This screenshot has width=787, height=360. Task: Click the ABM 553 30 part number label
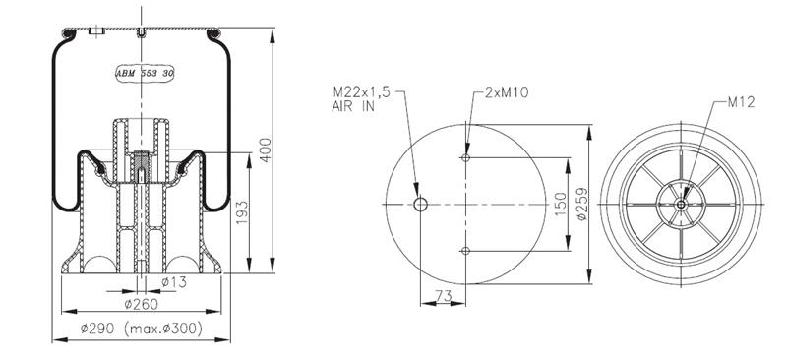point(145,74)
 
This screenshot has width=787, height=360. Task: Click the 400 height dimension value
point(265,150)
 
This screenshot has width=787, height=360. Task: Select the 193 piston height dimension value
point(242,212)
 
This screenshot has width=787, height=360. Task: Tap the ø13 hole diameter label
point(174,282)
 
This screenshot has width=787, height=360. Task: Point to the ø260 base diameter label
point(141,304)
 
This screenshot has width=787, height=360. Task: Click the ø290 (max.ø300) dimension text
point(142,329)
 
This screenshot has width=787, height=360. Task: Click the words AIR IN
point(353,106)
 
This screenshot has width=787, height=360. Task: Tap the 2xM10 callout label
point(507,92)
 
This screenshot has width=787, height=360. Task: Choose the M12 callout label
point(742,102)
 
